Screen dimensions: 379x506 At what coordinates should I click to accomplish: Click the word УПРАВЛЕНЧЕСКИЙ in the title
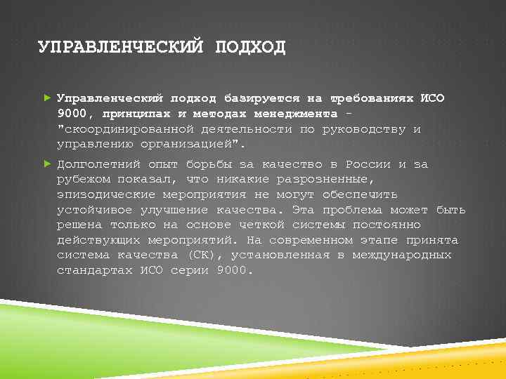tap(117, 48)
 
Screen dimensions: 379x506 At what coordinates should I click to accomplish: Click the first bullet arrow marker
tap(47, 98)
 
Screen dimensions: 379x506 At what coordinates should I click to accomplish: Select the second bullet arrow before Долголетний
tap(47, 164)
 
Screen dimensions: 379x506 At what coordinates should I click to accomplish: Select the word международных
tap(402, 255)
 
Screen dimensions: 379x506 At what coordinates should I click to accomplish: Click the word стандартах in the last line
tap(94, 270)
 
